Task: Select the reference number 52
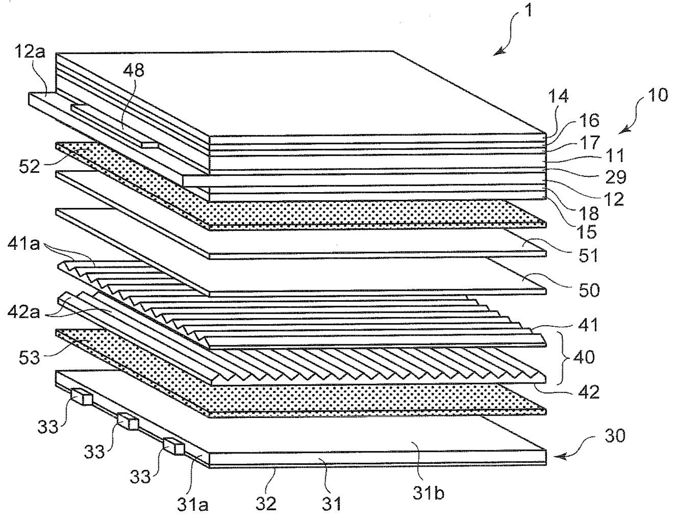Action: click(29, 166)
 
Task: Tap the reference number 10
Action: click(658, 95)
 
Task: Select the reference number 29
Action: click(615, 177)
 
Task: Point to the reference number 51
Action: click(588, 256)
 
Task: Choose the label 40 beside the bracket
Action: click(584, 357)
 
